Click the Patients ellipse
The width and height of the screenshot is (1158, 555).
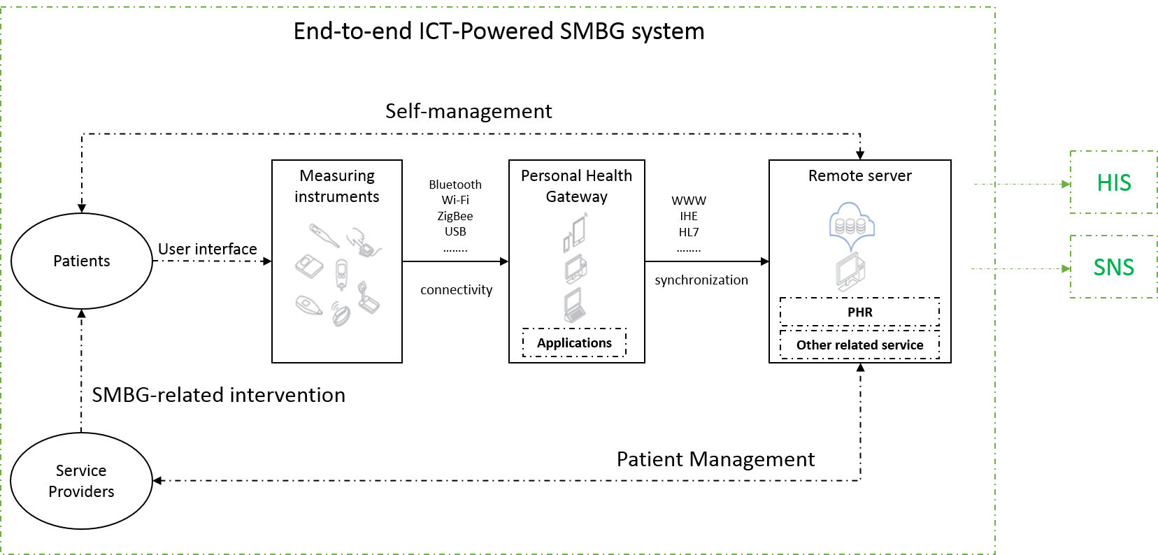click(82, 261)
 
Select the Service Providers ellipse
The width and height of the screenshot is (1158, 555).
click(82, 481)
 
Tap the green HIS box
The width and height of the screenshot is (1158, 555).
click(1113, 182)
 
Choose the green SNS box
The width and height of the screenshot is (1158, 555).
click(1113, 267)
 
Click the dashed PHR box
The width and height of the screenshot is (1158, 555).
click(859, 312)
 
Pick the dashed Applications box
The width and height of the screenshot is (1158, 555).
click(574, 343)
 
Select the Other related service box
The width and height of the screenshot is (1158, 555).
click(859, 345)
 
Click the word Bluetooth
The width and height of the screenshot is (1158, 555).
click(455, 185)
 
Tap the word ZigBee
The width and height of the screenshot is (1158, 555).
click(455, 216)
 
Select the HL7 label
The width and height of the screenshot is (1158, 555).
click(689, 232)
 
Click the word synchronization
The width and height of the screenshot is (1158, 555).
click(701, 280)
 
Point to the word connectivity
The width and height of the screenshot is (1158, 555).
click(456, 289)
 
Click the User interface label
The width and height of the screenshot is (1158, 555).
click(208, 249)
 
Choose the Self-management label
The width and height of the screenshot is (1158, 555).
click(469, 111)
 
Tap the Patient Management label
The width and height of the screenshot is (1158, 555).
click(715, 459)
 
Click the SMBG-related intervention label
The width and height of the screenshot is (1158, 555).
click(219, 395)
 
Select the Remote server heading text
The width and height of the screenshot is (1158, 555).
click(859, 175)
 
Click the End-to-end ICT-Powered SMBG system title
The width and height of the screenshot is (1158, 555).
click(499, 31)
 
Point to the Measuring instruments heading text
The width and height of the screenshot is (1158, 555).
click(337, 186)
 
